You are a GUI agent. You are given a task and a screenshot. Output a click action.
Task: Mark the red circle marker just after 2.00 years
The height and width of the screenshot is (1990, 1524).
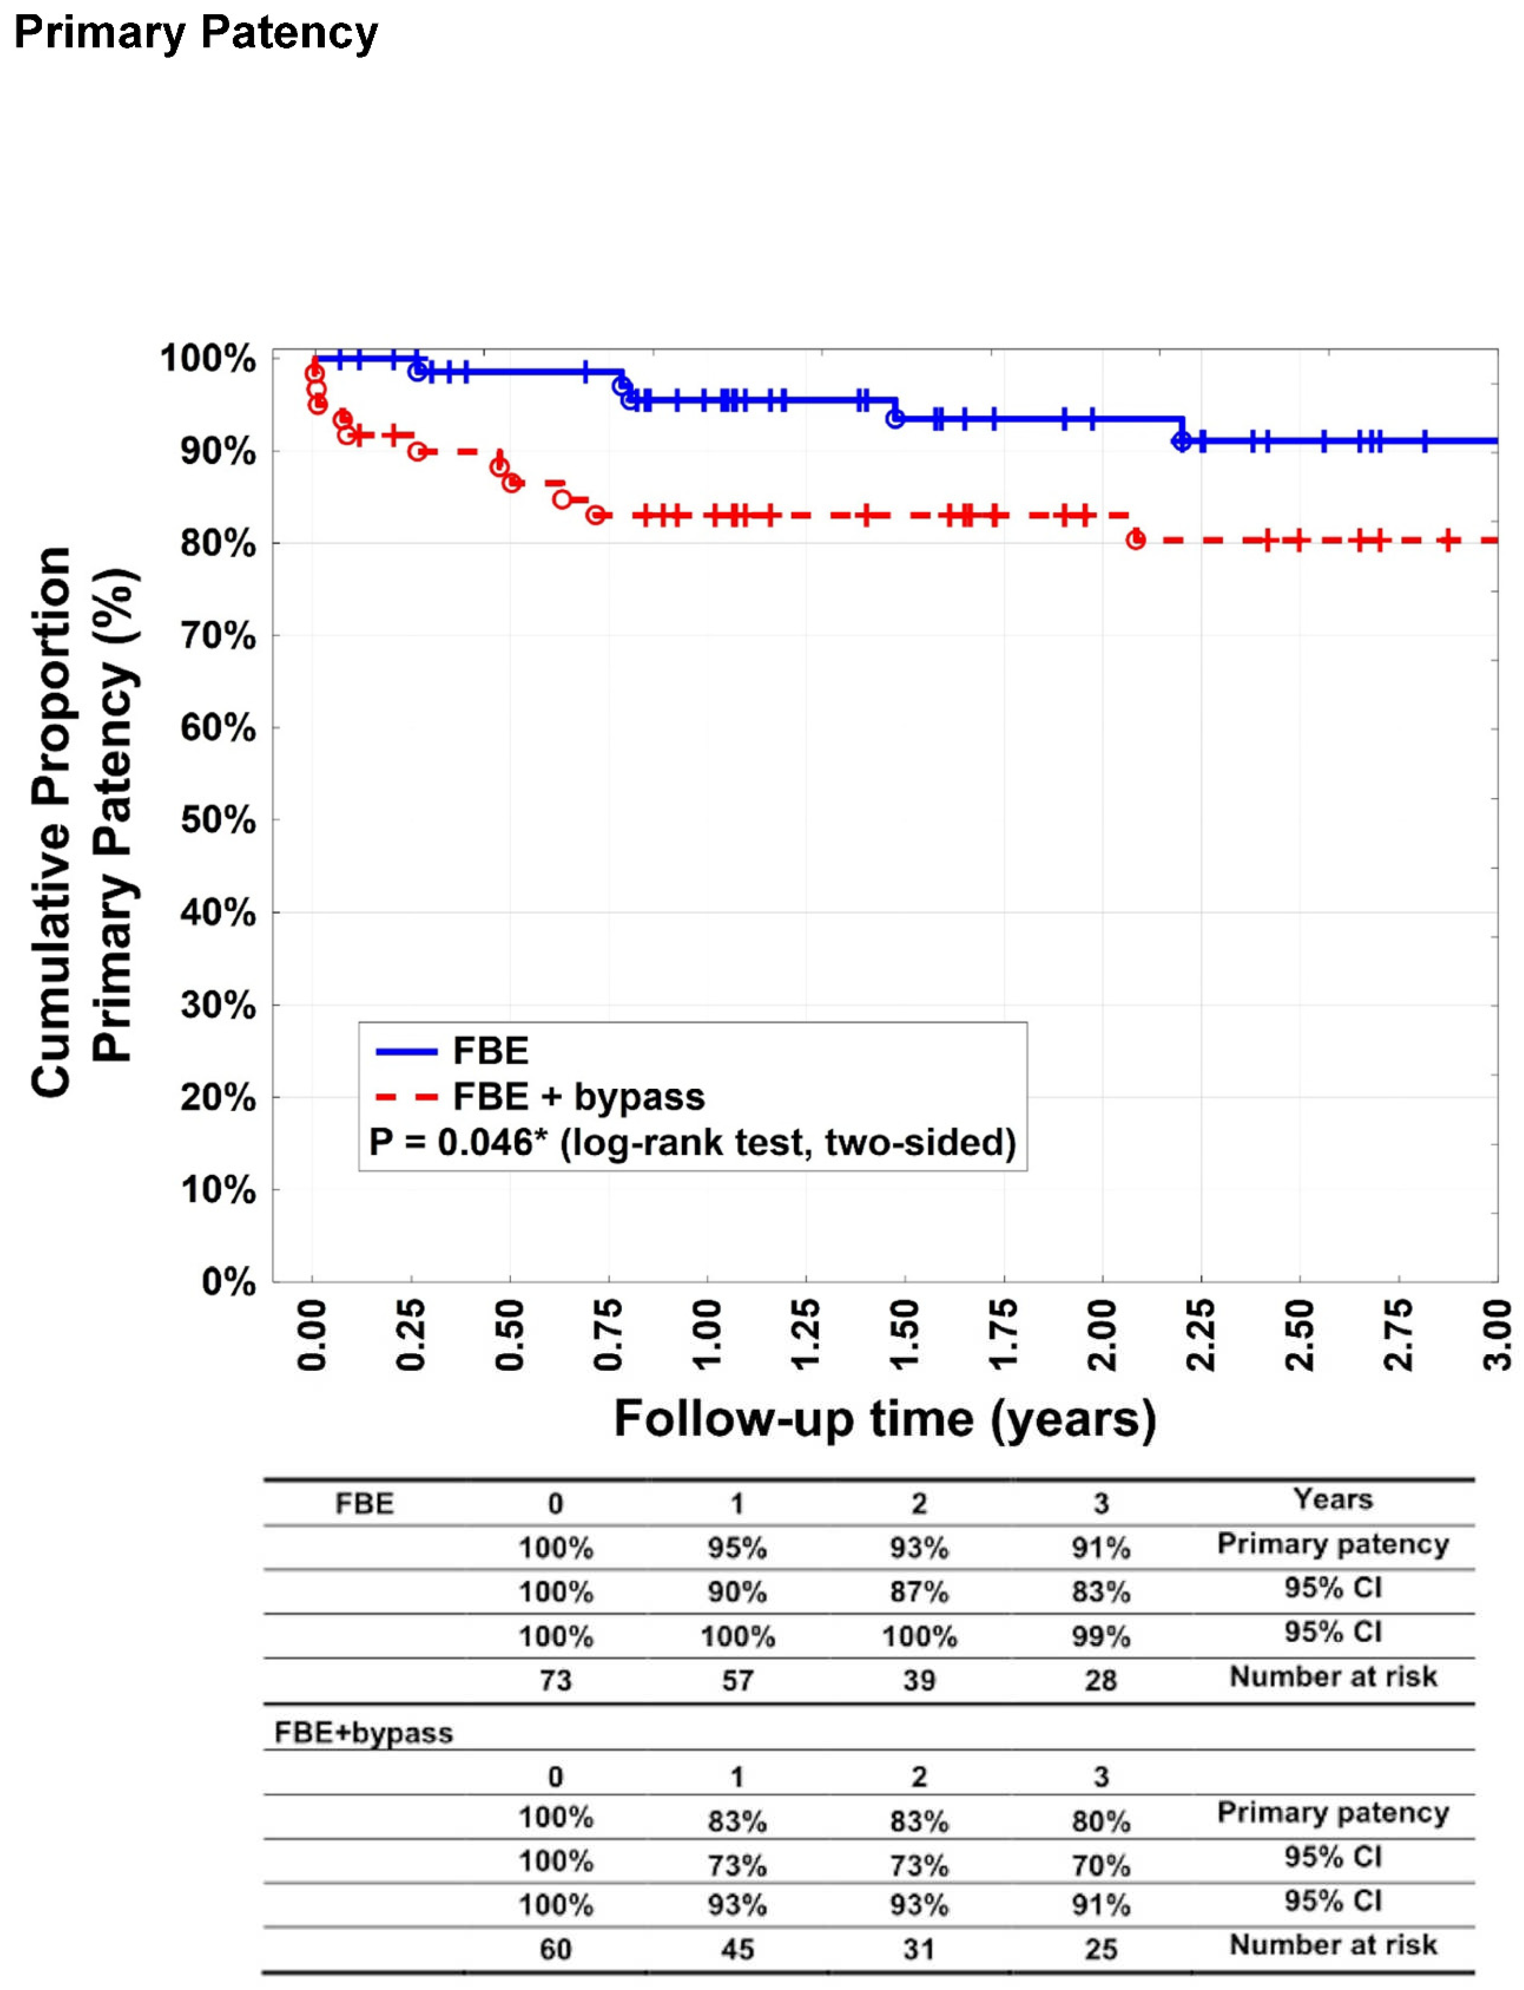click(x=1135, y=541)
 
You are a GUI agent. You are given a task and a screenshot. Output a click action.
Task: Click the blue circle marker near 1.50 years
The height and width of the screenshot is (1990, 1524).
click(x=895, y=418)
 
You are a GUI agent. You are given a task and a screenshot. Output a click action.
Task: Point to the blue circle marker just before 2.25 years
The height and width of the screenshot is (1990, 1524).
click(x=1180, y=441)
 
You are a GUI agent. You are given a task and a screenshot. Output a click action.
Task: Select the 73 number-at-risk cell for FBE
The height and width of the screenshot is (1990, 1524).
click(x=555, y=1681)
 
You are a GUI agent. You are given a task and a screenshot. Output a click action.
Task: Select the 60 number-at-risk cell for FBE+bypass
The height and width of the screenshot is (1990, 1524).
click(x=555, y=1949)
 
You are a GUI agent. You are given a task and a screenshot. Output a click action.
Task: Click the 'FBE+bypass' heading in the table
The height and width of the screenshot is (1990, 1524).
click(x=363, y=1733)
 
